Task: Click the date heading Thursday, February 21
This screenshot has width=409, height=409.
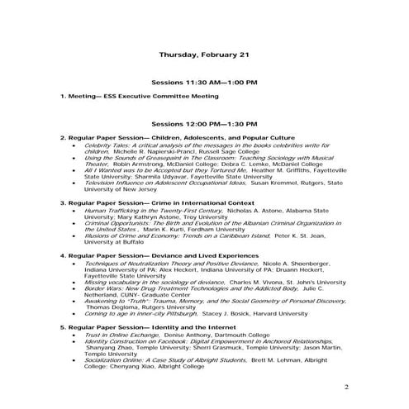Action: (203, 55)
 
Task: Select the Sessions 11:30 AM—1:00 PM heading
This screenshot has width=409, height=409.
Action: (204, 83)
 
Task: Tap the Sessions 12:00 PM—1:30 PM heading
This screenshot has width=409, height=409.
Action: (204, 122)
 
